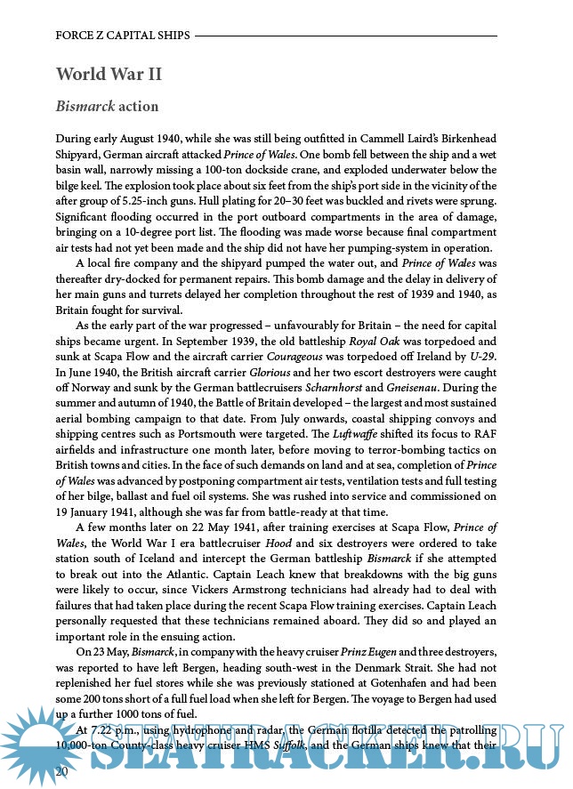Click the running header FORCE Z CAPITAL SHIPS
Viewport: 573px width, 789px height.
coord(123,36)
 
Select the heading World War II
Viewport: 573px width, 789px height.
coord(109,73)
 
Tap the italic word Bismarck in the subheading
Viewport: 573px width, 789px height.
coord(85,107)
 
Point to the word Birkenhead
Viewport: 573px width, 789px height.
coord(463,138)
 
